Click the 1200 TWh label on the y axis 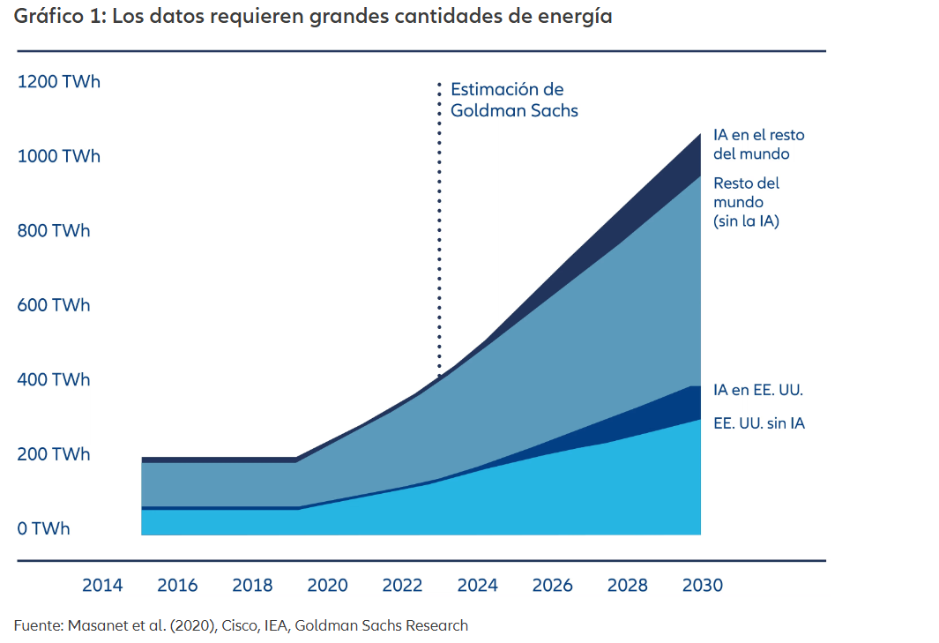pyautogui.click(x=58, y=82)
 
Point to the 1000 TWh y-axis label pyautogui.click(x=58, y=156)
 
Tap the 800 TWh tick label pyautogui.click(x=54, y=231)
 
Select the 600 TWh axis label pyautogui.click(x=54, y=305)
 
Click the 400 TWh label pyautogui.click(x=54, y=380)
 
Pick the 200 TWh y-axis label pyautogui.click(x=54, y=454)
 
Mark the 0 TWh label pyautogui.click(x=44, y=529)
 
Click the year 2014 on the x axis pyautogui.click(x=102, y=586)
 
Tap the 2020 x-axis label pyautogui.click(x=327, y=586)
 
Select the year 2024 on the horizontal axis pyautogui.click(x=477, y=586)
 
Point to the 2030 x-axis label pyautogui.click(x=702, y=586)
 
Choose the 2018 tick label pyautogui.click(x=252, y=586)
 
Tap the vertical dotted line pyautogui.click(x=439, y=229)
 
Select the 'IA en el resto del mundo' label pyautogui.click(x=758, y=145)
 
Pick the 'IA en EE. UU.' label pyautogui.click(x=758, y=390)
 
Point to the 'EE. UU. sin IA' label pyautogui.click(x=758, y=423)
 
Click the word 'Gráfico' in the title pyautogui.click(x=47, y=17)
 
